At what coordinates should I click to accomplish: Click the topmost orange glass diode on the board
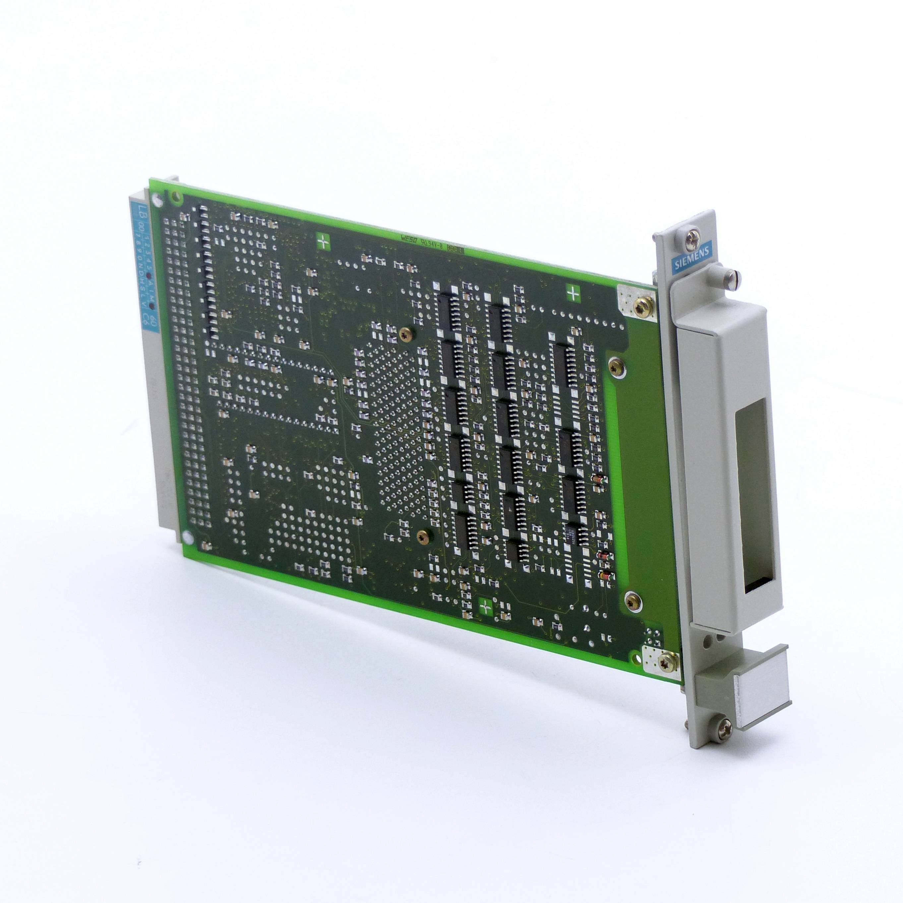(x=596, y=480)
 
